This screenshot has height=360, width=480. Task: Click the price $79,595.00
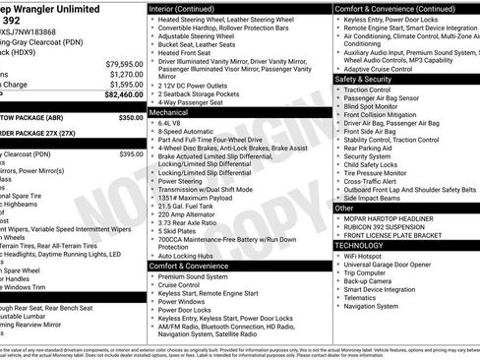124,63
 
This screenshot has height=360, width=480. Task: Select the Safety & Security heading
364,79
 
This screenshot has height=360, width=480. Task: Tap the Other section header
344,209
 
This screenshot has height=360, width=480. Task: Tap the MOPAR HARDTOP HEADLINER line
392,218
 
